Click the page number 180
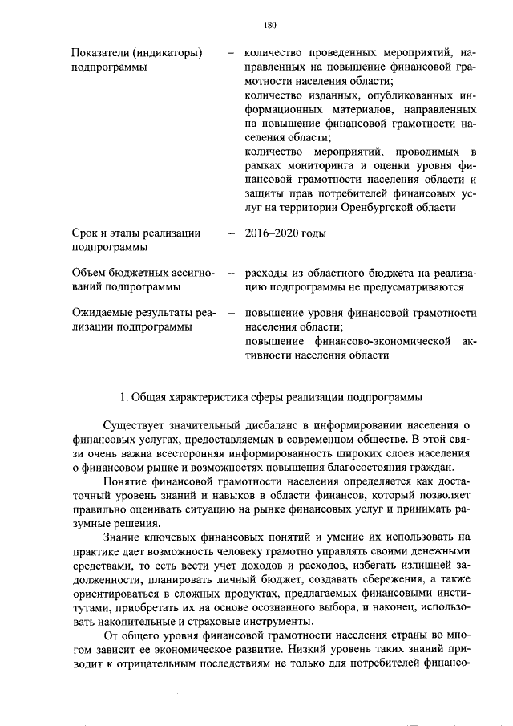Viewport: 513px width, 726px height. pyautogui.click(x=269, y=25)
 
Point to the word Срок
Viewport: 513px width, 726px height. pyautogui.click(x=85, y=234)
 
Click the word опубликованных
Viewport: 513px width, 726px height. pyautogui.click(x=364, y=95)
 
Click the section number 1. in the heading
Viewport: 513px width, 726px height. pyautogui.click(x=123, y=396)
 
